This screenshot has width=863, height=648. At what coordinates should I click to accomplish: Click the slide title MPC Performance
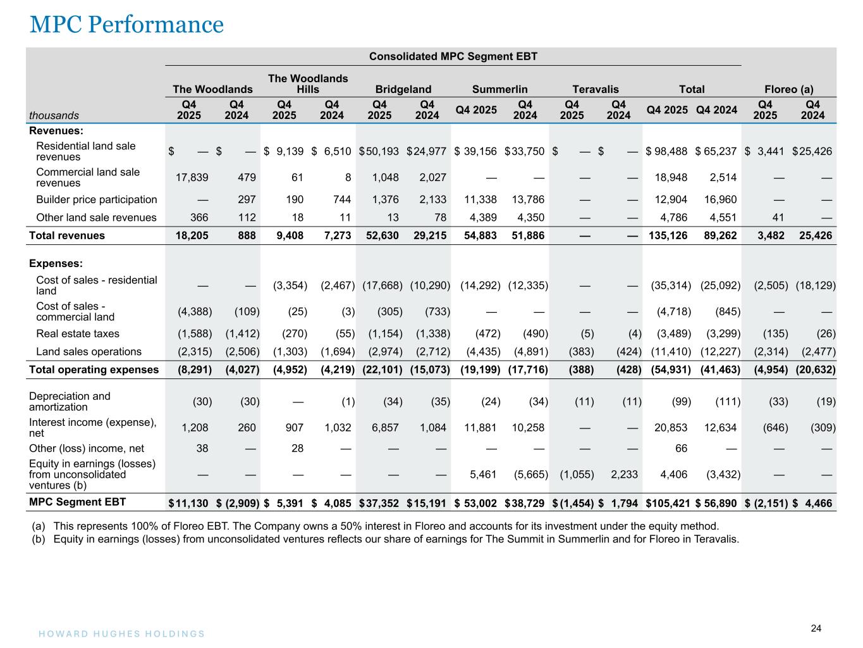126,24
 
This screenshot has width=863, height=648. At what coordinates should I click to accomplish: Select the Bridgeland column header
403,89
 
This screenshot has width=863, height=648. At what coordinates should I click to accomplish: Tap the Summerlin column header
499,89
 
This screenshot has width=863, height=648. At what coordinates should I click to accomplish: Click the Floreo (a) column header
788,89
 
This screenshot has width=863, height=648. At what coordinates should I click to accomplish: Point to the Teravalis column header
595,89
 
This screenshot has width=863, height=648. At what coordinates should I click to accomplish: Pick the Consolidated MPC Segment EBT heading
453,56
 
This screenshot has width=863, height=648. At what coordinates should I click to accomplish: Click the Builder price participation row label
96,199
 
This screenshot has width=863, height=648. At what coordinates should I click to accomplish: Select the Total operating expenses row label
94,370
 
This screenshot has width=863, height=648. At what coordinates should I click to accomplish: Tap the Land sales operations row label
89,351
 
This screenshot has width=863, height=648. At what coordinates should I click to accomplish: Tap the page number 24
816,628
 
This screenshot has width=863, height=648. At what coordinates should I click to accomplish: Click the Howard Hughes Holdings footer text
118,633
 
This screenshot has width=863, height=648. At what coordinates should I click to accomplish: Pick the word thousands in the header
54,115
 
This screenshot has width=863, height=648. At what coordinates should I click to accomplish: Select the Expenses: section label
56,263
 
